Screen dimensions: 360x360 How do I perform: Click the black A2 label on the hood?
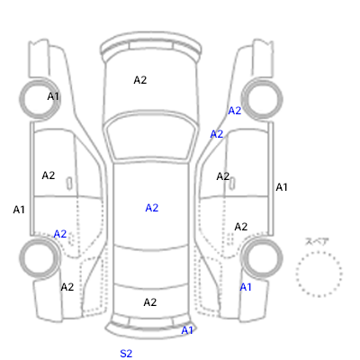coord(140,80)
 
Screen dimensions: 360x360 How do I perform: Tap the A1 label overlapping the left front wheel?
coord(53,96)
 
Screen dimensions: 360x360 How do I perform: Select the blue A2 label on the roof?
coord(152,208)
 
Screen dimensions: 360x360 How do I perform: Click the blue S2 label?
coord(126,354)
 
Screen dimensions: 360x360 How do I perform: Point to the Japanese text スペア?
coord(317,241)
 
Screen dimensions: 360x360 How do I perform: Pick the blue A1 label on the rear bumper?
coord(187,330)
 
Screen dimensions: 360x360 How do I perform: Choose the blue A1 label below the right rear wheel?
coord(246,287)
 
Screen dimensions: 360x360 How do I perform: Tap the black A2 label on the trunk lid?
coord(150,302)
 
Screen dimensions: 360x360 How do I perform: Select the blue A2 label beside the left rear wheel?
coord(60,234)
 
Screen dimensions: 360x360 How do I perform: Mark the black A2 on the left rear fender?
coord(67,287)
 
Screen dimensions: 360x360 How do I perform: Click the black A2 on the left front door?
coord(49,175)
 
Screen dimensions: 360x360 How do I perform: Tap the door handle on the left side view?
coord(69,183)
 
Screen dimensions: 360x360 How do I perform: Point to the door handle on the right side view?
coord(232,183)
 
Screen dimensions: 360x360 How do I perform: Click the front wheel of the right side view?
coord(262,99)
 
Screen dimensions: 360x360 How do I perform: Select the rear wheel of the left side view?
coord(40,258)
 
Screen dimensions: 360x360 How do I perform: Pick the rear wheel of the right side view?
coord(262,258)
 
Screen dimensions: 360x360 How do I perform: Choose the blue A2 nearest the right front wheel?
coord(235,111)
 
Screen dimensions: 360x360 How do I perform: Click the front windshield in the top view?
coord(152,138)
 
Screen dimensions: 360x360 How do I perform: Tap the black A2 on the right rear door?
coord(241,227)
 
